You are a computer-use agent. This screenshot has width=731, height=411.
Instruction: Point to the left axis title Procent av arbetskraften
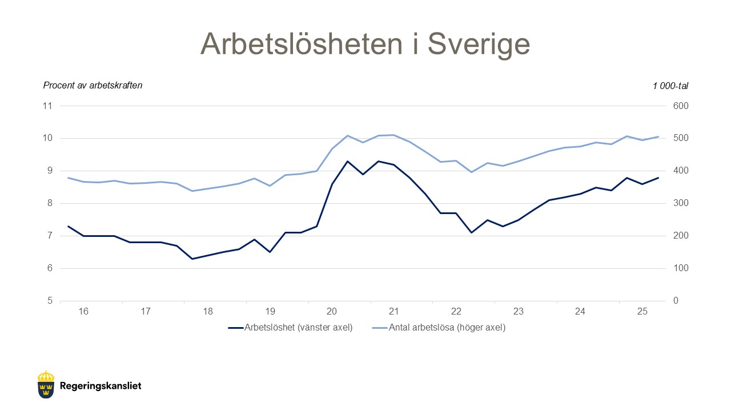click(x=93, y=86)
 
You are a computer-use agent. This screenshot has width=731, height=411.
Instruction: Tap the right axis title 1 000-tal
click(x=670, y=86)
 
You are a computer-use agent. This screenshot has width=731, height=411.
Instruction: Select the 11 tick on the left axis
click(x=47, y=106)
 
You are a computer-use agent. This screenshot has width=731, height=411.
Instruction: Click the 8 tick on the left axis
click(x=49, y=203)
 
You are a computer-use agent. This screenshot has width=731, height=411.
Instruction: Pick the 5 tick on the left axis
click(x=49, y=301)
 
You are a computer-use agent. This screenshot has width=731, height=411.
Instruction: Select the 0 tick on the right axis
click(x=676, y=301)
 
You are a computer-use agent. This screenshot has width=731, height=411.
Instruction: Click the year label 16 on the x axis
click(x=83, y=312)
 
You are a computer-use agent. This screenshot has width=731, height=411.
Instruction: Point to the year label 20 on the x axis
click(x=332, y=312)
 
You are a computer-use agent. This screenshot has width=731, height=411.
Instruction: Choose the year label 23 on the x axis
click(x=518, y=312)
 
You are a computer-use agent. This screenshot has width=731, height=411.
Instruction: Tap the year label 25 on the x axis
click(x=642, y=312)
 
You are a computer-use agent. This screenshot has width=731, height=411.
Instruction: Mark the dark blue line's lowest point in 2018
click(x=192, y=259)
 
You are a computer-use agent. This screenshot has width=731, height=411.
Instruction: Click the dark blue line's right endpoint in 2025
click(x=658, y=178)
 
